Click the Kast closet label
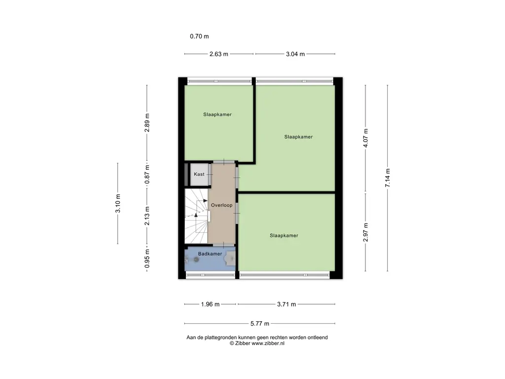click(199, 174)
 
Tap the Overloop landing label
click(221, 205)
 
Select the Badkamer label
click(210, 254)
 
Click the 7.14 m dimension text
click(388, 178)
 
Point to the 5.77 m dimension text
click(260, 323)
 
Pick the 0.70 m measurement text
click(199, 37)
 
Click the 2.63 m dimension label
click(218, 54)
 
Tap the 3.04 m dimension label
click(295, 54)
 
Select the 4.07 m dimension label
click(365, 138)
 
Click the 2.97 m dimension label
click(365, 232)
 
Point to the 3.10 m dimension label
click(118, 203)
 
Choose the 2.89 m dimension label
click(147, 123)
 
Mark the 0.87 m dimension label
click(147, 174)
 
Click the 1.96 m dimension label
click(210, 304)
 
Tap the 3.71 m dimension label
click(287, 304)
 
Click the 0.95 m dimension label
click(147, 259)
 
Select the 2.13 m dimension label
click(147, 216)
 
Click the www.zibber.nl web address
click(268, 343)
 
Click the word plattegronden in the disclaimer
click(221, 338)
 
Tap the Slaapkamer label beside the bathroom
click(284, 235)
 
